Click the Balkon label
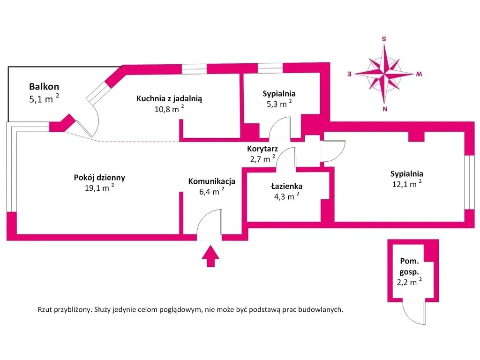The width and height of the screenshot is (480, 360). [44, 86]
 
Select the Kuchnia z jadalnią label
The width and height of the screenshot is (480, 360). [169, 98]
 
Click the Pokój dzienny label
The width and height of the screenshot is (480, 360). [99, 178]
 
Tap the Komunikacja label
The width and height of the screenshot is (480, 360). [211, 181]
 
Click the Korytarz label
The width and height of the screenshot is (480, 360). [262, 149]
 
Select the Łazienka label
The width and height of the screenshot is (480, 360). [286, 186]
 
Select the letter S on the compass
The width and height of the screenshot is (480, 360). [384, 39]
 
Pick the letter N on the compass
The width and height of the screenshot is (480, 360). [384, 110]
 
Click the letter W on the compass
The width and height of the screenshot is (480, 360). [420, 74]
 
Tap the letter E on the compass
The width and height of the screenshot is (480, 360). [349, 74]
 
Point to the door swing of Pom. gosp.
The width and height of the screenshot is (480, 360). [414, 314]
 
